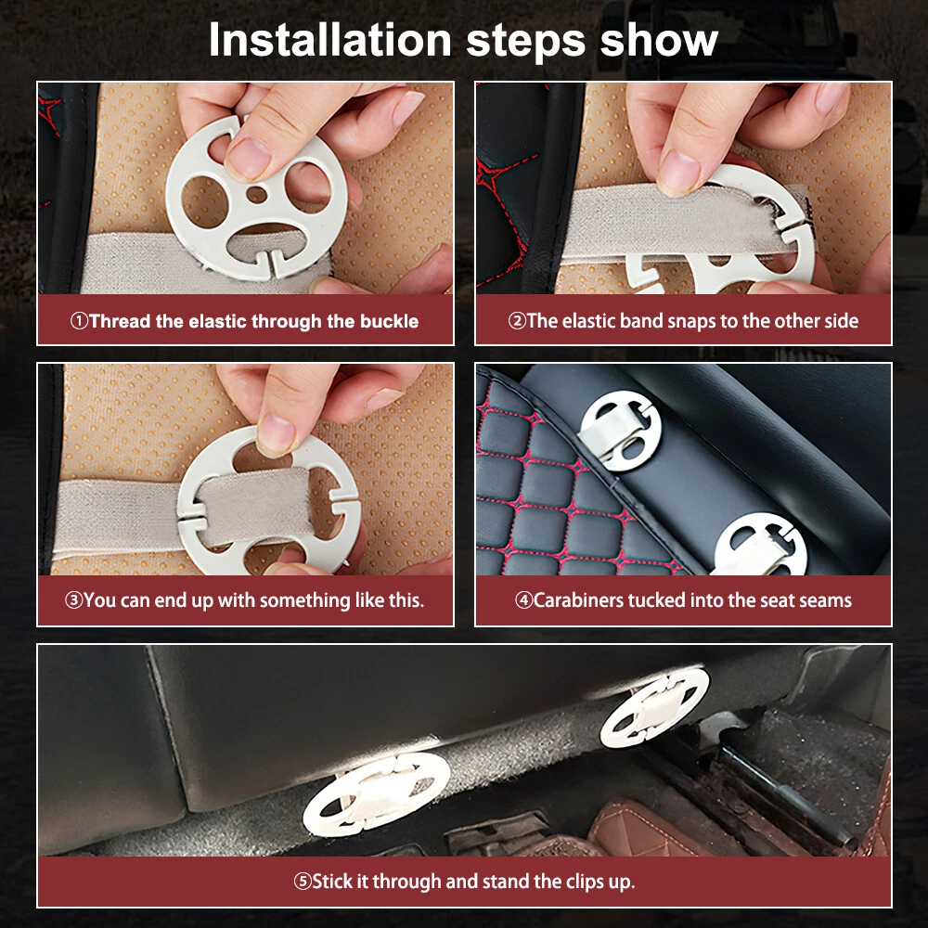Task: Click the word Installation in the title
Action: pyautogui.click(x=330, y=40)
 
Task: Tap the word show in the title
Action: pyautogui.click(x=659, y=40)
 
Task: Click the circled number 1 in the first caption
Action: pyautogui.click(x=79, y=321)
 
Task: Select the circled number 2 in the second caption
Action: pyautogui.click(x=517, y=321)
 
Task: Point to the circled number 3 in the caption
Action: pyautogui.click(x=73, y=600)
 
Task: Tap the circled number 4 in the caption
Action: pyautogui.click(x=523, y=600)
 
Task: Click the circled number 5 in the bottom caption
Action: pyautogui.click(x=303, y=882)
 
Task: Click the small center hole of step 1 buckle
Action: pyautogui.click(x=256, y=194)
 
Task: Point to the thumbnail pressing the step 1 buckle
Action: pyautogui.click(x=248, y=159)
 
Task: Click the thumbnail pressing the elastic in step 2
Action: pyautogui.click(x=679, y=171)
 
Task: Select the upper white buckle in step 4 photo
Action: pyautogui.click(x=620, y=431)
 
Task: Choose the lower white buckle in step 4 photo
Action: pyautogui.click(x=761, y=545)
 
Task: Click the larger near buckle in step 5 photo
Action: pyautogui.click(x=377, y=793)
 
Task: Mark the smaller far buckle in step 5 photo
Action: pyautogui.click(x=654, y=707)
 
